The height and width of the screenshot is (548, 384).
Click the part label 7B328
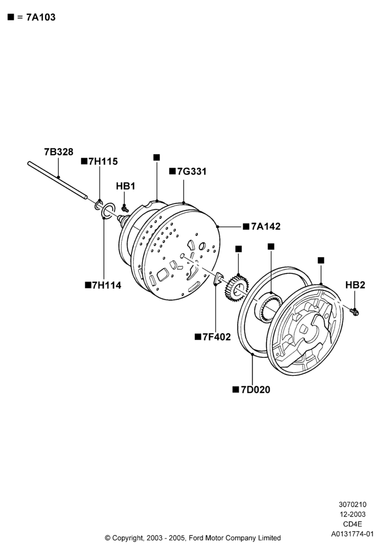(x=58, y=152)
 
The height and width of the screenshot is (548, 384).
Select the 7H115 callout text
(x=103, y=162)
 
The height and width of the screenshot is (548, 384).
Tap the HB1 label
(x=126, y=186)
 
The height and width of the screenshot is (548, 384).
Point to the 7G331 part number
(x=191, y=172)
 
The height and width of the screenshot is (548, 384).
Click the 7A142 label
(x=266, y=226)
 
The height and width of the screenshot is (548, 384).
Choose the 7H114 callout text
(x=106, y=285)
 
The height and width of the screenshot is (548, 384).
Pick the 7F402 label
(x=217, y=337)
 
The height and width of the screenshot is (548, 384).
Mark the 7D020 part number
(x=255, y=389)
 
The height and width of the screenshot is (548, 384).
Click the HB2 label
(x=355, y=285)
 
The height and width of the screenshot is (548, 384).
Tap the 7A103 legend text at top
(x=41, y=17)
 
